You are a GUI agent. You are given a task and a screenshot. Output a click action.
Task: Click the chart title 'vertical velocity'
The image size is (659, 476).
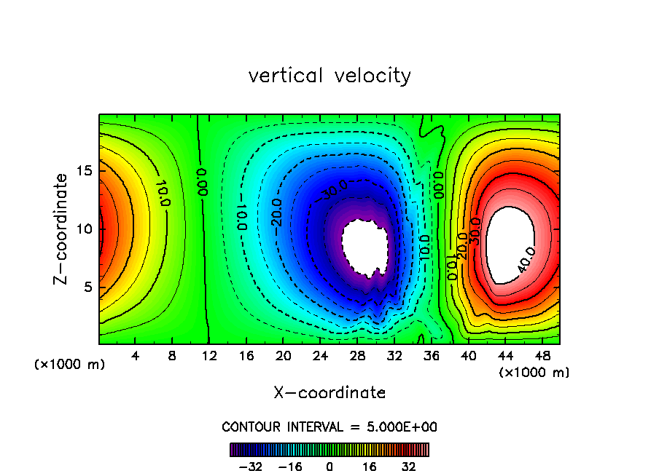[x=329, y=76]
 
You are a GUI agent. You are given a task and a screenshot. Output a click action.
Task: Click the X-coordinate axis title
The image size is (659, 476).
[x=329, y=393]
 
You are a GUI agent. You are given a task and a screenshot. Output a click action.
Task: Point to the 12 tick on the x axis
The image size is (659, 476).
[x=210, y=357]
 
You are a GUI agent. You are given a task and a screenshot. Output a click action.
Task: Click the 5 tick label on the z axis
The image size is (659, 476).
[x=85, y=287]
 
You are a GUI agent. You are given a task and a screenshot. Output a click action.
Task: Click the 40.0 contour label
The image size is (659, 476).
[x=526, y=260]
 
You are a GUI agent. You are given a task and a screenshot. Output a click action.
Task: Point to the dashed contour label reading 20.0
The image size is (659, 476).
[x=276, y=212]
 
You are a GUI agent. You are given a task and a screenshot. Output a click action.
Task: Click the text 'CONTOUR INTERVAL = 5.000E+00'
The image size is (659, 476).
[x=329, y=427]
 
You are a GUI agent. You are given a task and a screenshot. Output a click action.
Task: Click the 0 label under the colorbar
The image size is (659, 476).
[x=329, y=466]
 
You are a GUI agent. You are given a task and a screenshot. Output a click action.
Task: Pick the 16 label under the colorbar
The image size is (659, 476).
[x=370, y=466]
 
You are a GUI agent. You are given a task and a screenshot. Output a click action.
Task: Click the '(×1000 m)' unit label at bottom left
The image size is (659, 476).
[x=70, y=365]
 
